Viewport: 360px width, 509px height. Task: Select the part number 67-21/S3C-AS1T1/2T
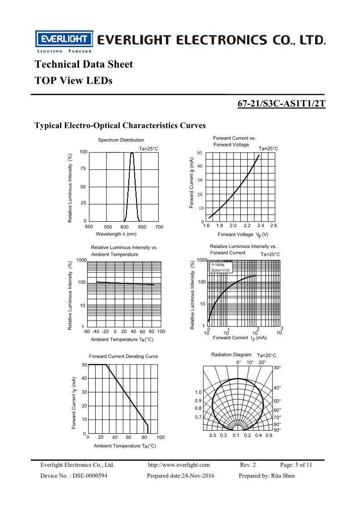pos(282,104)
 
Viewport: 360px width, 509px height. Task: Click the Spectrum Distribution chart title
pos(121,140)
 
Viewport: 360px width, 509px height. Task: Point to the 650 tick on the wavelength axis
pos(142,227)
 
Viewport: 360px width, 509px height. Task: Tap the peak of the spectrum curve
pos(132,153)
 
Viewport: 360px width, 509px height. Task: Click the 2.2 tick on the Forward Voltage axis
pos(247,225)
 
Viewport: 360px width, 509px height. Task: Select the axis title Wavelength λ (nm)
pos(116,234)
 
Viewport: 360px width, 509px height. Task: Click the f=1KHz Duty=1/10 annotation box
pos(220,267)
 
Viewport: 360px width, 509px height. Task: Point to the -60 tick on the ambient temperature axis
pos(87,331)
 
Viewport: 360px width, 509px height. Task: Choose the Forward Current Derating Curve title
pos(123,356)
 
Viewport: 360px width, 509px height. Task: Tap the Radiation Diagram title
pos(231,354)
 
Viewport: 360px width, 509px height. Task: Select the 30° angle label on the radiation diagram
pos(277,368)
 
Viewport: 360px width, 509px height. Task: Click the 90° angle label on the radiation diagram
pos(277,430)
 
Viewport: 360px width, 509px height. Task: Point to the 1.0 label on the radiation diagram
pos(198,392)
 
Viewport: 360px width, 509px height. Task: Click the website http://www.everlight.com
pos(179,465)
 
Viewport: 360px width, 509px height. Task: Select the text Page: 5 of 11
pos(296,465)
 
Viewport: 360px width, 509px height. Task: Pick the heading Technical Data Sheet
pos(84,64)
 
